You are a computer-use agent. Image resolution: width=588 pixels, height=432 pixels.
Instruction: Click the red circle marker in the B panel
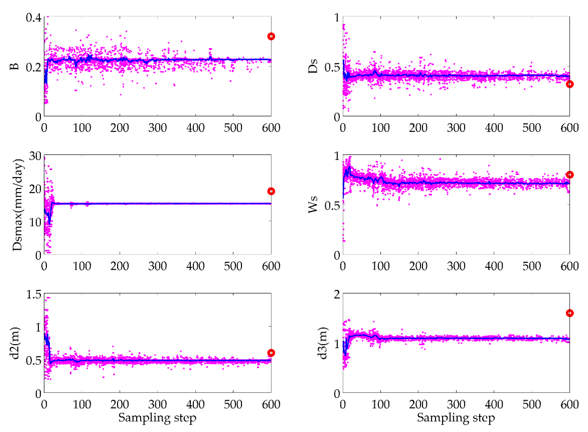point(271,36)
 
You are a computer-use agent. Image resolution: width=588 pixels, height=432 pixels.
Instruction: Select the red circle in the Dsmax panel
point(271,191)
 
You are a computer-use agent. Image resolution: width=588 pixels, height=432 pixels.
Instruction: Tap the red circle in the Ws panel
point(570,175)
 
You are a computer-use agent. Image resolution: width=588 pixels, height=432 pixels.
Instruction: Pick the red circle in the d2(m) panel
point(271,353)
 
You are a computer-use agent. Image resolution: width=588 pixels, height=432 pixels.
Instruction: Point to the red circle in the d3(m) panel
point(570,313)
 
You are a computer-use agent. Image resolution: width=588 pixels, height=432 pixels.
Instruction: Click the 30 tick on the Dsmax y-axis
point(35,156)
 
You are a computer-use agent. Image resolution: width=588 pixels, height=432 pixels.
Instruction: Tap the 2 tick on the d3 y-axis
point(337,294)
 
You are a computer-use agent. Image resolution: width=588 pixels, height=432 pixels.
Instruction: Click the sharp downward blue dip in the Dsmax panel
point(50,223)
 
